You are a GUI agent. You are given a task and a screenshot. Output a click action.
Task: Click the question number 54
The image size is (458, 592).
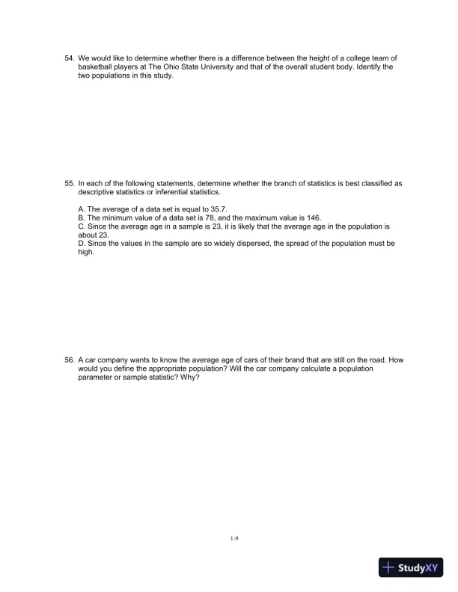69,58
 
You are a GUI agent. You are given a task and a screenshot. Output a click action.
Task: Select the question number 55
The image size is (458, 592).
69,182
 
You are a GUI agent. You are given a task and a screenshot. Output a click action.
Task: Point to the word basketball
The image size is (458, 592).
97,67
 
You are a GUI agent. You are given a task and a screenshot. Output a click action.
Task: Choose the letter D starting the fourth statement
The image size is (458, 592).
81,244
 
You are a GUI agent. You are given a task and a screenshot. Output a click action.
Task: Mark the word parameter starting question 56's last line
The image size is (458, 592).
97,377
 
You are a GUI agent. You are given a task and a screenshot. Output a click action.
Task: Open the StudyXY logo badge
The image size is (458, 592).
411,567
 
